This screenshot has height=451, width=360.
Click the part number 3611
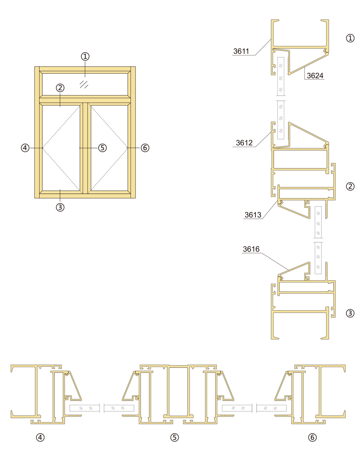pos(241,51)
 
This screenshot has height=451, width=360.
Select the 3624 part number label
pos(315,75)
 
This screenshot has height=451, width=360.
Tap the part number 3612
pos(244,143)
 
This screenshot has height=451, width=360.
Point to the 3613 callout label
pos(253,215)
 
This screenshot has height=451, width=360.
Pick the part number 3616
pos(251,249)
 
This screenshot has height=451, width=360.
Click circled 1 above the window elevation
pos(85,56)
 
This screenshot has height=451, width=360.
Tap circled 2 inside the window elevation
pos(60,88)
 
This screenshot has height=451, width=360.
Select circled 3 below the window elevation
pos(60,207)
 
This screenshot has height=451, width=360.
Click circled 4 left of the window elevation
pos(25,148)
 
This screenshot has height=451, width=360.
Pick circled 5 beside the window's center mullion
pos(102,148)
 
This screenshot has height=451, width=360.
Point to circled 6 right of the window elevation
pos(145,148)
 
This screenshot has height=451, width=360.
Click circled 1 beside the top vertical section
pos(350,38)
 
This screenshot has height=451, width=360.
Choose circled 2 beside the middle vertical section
pos(350,187)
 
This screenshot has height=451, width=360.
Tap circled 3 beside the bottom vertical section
pos(350,313)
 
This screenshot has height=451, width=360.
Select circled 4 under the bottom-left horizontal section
pos(40,437)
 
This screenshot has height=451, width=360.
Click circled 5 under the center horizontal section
pos(174,437)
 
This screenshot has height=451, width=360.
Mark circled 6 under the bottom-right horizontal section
pos(312,437)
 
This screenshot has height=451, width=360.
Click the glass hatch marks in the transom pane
pos(84,84)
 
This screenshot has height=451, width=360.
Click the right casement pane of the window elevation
pos(109,148)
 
